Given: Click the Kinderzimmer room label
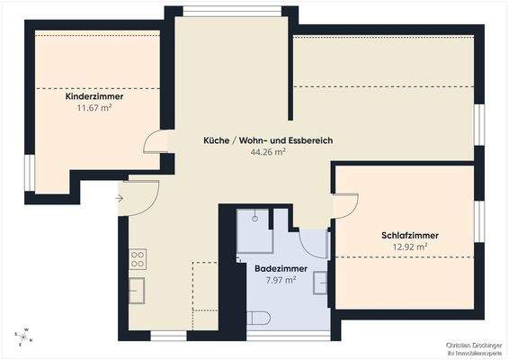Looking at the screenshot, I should point(94,95).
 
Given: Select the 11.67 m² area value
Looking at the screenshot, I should point(94,107).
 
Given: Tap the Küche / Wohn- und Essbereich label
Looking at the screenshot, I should point(267,141).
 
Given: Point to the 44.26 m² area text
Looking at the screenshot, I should point(267,153).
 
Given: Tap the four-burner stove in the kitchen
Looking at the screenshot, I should point(138,259).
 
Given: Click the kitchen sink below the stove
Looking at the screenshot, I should point(138,291).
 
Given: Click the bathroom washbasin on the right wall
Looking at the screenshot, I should point(321,283).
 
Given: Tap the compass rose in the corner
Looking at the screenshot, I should point(25,337).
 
